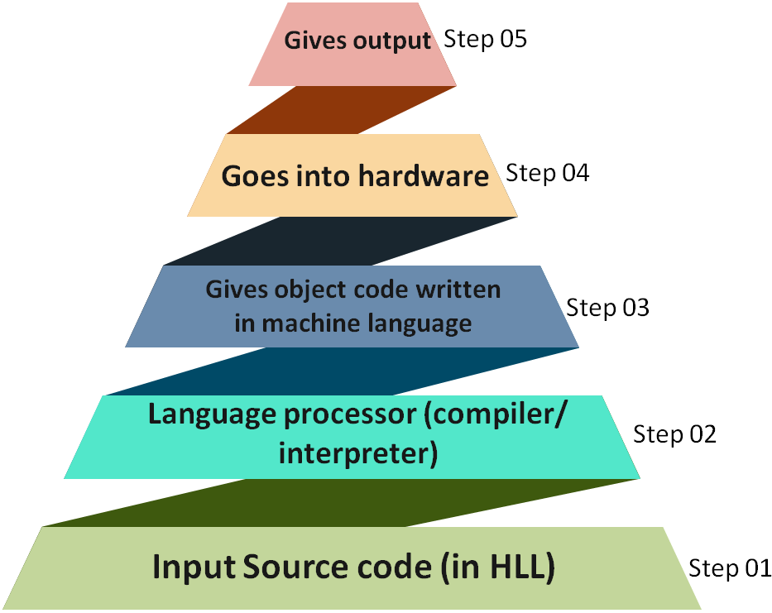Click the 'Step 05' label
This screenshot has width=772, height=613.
point(486,40)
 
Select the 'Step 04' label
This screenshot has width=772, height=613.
point(547,174)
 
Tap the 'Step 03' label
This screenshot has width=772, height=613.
point(608,308)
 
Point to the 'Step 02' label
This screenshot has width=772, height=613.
point(674,434)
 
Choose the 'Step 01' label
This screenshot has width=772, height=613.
point(730,568)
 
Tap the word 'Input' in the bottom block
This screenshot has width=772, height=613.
point(195,568)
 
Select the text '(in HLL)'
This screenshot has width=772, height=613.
point(499,568)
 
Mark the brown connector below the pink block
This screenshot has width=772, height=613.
point(341,110)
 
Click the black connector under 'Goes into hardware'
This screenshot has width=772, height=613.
point(341,242)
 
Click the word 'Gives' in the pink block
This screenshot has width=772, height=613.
point(311,41)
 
